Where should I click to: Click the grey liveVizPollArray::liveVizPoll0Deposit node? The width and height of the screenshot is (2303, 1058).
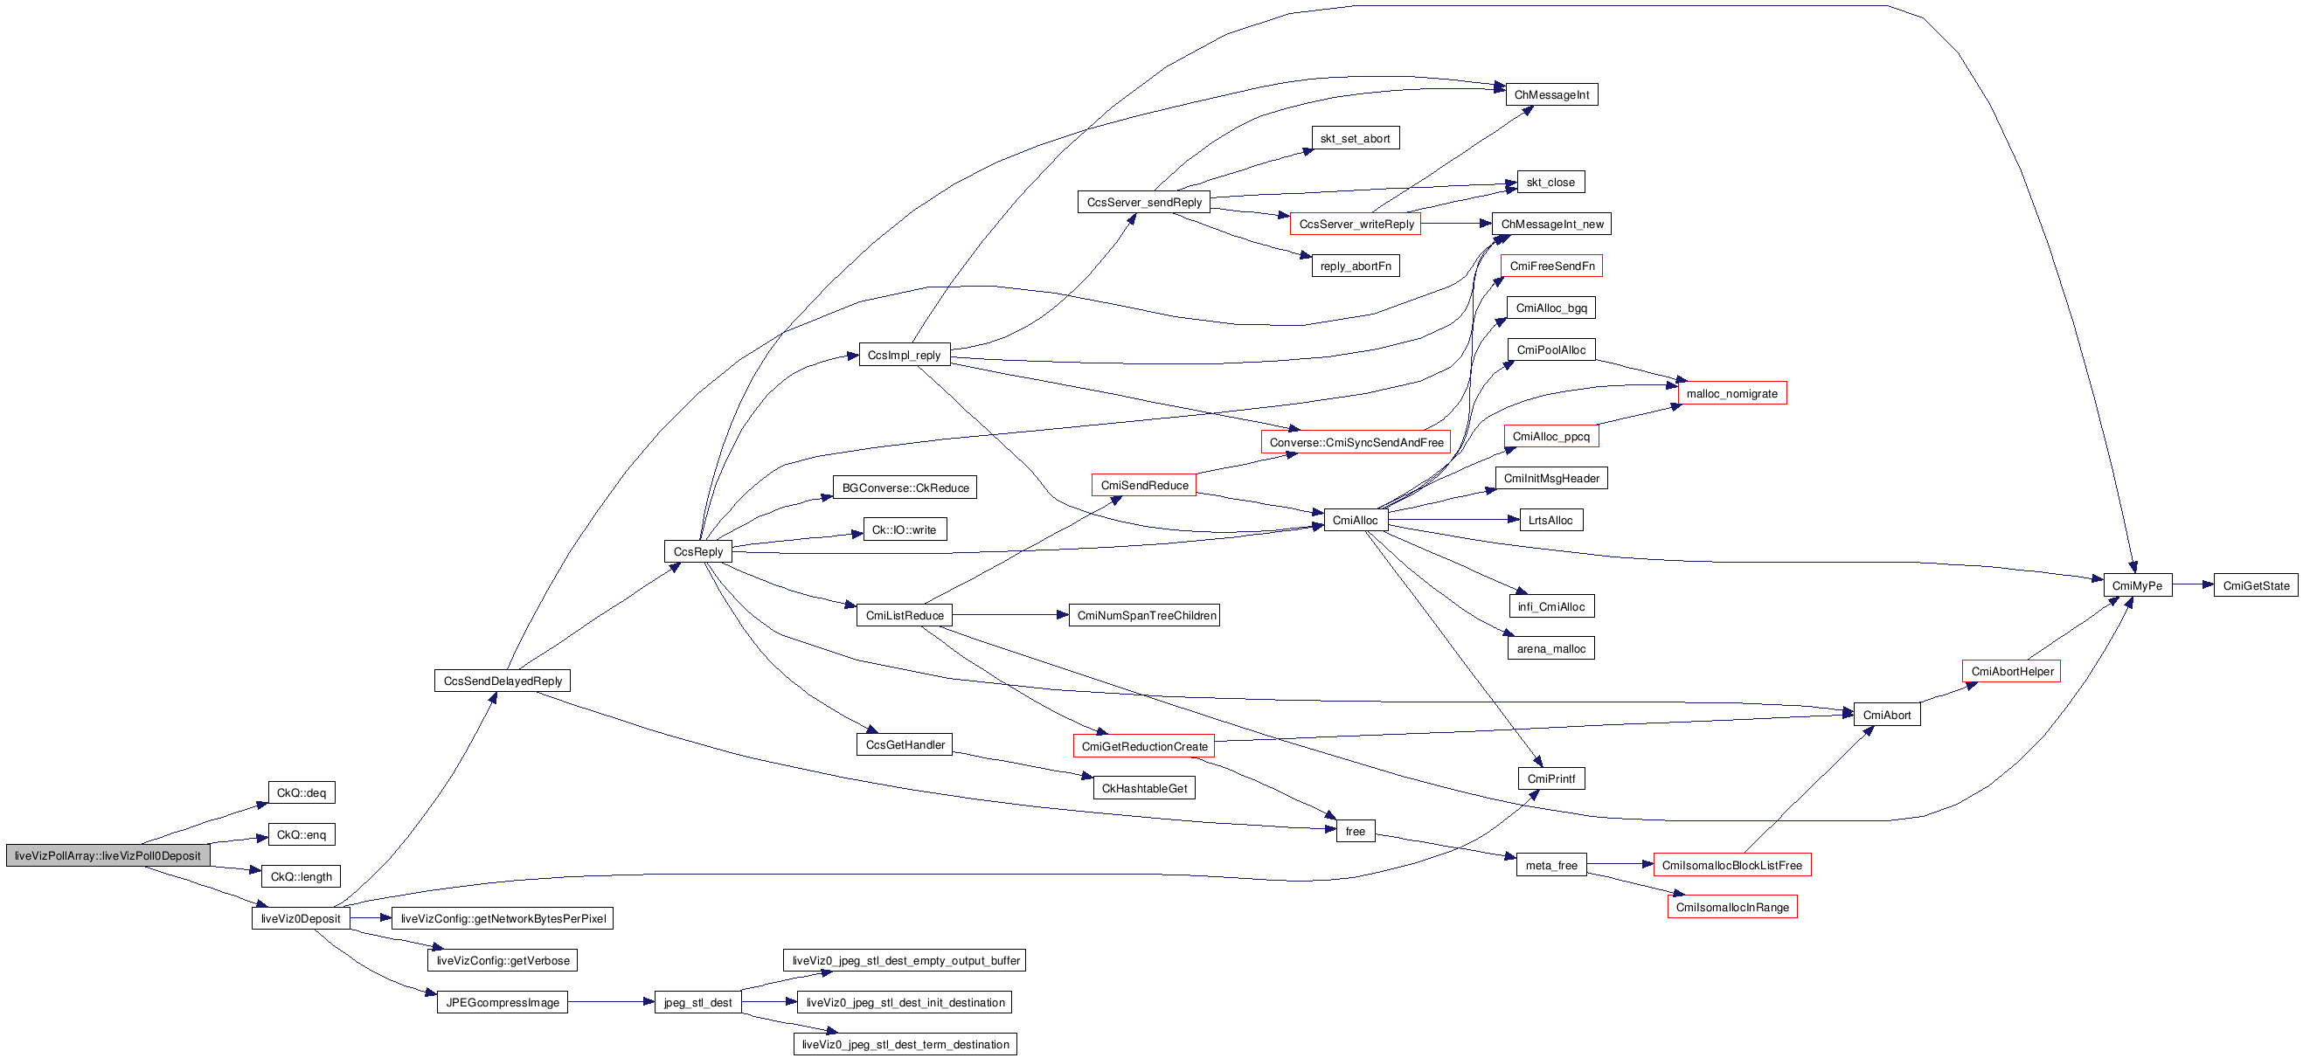[x=108, y=855]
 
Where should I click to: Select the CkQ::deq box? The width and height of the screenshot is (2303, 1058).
[x=302, y=792]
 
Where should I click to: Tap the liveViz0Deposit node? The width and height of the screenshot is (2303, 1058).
[x=301, y=918]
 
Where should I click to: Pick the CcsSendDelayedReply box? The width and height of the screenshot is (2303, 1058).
[x=503, y=681]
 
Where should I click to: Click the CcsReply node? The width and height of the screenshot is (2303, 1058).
[x=697, y=551]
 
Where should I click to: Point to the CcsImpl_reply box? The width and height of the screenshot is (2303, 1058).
[x=904, y=355]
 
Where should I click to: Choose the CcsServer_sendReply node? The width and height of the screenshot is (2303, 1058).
[x=1143, y=202]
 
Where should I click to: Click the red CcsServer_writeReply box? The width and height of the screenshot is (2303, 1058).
[x=1356, y=224]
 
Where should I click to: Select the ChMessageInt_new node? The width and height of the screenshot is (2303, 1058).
[x=1551, y=224]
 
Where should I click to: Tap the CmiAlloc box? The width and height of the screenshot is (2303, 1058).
[x=1355, y=520]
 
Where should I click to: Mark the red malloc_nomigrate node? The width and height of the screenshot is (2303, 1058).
[x=1731, y=393]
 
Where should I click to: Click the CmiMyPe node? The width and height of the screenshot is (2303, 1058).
[x=2137, y=585]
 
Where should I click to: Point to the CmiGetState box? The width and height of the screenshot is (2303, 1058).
[x=2256, y=585]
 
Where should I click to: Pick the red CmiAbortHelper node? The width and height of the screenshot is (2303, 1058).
[x=2012, y=671]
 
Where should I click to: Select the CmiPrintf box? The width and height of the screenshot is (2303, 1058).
[x=1550, y=778]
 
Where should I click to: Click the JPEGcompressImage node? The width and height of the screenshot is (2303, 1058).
[x=503, y=1003]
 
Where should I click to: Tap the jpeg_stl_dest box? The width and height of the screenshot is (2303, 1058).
[x=697, y=1003]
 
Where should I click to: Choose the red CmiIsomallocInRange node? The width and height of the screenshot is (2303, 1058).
[x=1731, y=907]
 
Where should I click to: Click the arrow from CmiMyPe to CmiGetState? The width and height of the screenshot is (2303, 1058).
[x=2192, y=585]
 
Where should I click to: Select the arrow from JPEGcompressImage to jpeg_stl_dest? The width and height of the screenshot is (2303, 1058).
[x=611, y=1003]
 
